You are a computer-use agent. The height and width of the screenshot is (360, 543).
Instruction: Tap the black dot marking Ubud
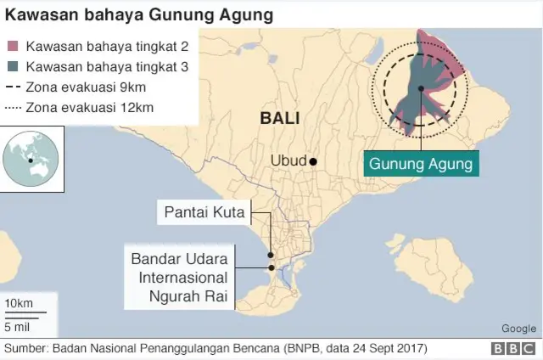click(313, 161)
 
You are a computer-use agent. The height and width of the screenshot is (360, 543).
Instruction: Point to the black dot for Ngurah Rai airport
click(270, 268)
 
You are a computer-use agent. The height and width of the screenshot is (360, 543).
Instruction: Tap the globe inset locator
click(30, 157)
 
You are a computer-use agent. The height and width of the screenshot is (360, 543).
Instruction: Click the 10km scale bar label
click(19, 304)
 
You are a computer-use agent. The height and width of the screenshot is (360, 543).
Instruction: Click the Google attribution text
click(518, 329)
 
